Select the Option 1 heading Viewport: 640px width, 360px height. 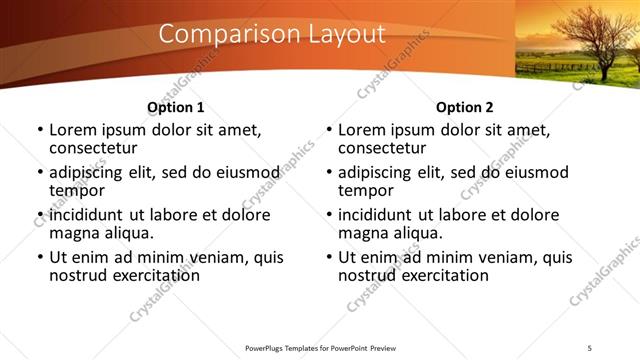click(175, 107)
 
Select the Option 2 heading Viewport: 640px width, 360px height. click(464, 107)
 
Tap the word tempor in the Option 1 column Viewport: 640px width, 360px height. click(77, 190)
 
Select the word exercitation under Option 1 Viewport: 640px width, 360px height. click(139, 275)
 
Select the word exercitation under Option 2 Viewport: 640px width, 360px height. click(428, 275)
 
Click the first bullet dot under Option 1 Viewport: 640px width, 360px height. click(39, 131)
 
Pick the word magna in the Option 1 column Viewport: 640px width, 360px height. click(76, 233)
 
